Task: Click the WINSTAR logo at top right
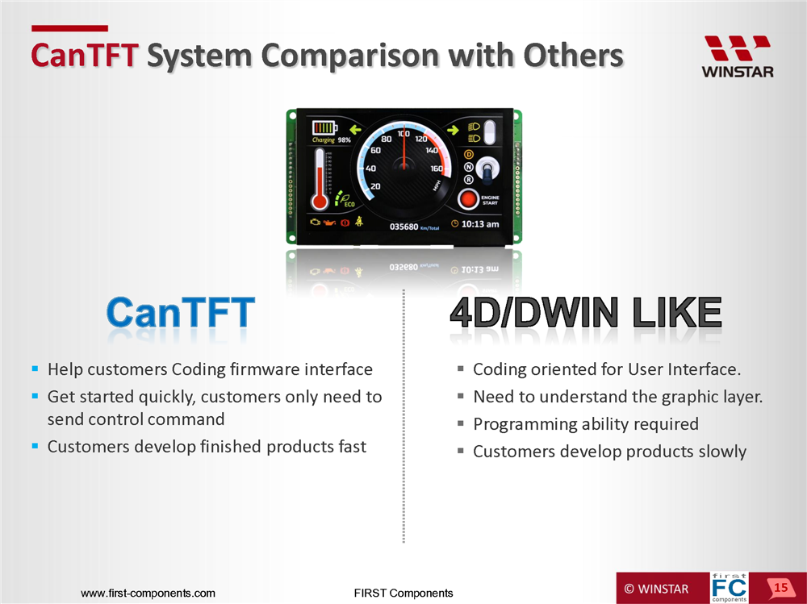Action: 738,56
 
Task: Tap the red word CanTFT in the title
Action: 85,55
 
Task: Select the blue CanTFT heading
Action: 180,312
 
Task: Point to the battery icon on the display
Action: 324,127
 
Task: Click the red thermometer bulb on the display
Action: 320,201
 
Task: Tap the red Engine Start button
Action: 468,199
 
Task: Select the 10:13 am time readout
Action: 479,224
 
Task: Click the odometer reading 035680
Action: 403,227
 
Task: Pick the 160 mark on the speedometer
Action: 437,169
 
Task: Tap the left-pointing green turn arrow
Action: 356,129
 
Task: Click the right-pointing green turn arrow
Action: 453,130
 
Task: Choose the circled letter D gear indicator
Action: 468,154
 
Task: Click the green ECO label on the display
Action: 349,204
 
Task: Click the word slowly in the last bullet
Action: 722,452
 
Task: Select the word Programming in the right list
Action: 525,424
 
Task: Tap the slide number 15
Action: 780,588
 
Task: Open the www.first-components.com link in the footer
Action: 148,594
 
